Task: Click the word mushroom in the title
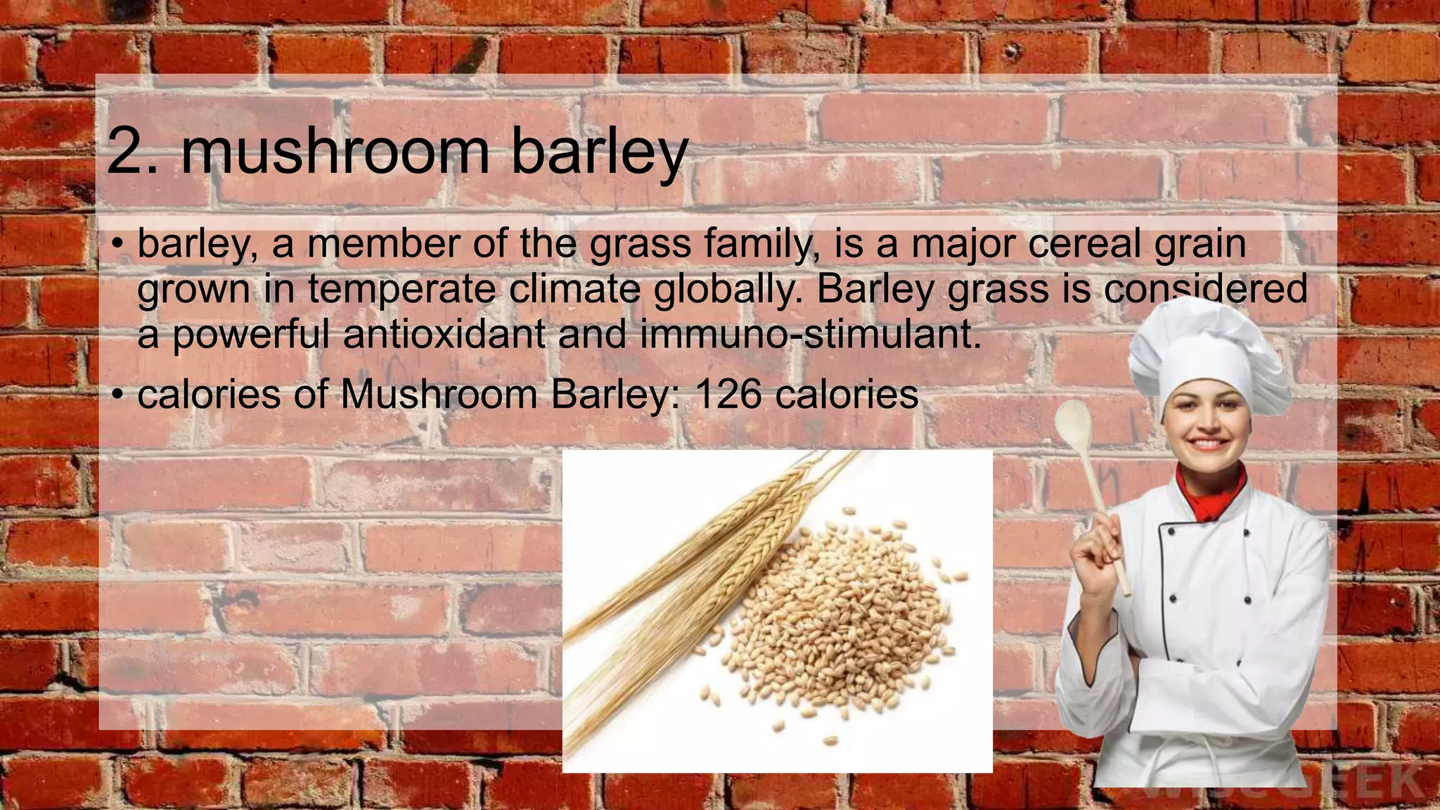point(335,152)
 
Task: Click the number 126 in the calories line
point(728,394)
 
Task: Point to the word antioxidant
point(444,334)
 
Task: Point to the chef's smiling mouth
point(1208,444)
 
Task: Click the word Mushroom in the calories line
point(439,394)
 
